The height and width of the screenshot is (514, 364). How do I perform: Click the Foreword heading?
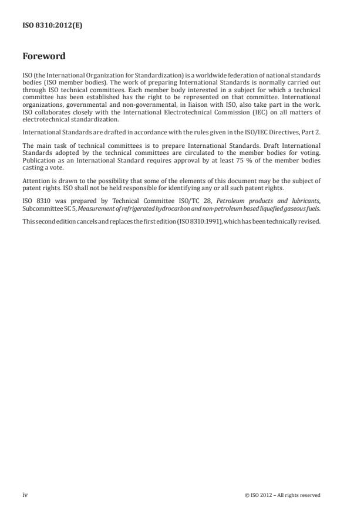click(43, 57)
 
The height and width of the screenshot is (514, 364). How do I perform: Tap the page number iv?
click(25, 495)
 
